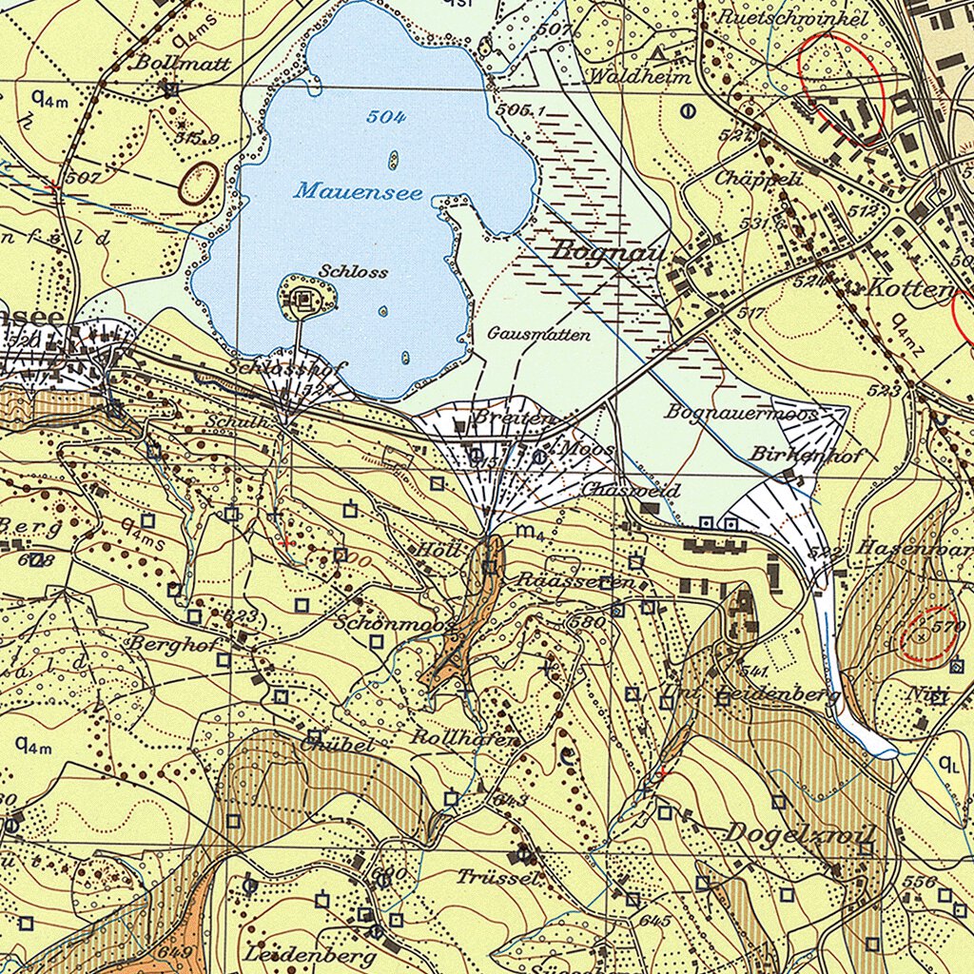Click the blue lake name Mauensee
(358, 191)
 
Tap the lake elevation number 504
(386, 117)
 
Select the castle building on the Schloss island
(304, 301)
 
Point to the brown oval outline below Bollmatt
(199, 182)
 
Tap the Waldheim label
(640, 76)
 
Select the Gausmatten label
(539, 334)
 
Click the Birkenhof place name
(807, 455)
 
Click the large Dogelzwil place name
(799, 832)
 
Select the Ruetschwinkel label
(793, 18)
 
